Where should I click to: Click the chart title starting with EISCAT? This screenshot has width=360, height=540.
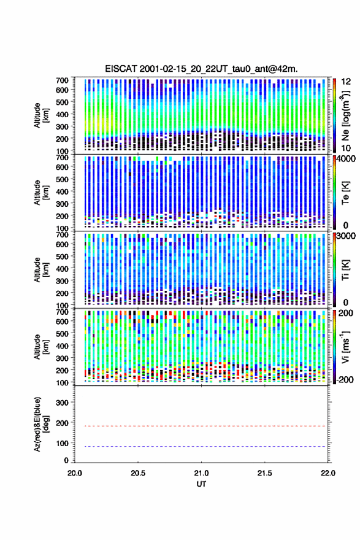pyautogui.click(x=201, y=69)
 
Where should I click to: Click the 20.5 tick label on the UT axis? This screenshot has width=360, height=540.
pyautogui.click(x=137, y=473)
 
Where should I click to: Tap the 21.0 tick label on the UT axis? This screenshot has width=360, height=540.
pyautogui.click(x=201, y=473)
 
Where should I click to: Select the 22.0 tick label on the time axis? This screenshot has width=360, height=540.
pyautogui.click(x=327, y=473)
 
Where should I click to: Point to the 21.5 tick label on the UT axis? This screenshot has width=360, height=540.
pyautogui.click(x=264, y=473)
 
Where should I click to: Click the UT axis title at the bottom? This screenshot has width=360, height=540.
pyautogui.click(x=201, y=484)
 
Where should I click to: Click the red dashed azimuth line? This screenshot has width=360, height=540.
pyautogui.click(x=200, y=426)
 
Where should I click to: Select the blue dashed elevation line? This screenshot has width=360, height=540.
pyautogui.click(x=200, y=447)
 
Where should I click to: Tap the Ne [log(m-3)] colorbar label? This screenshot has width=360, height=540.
pyautogui.click(x=345, y=115)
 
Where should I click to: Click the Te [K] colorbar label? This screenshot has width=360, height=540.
pyautogui.click(x=345, y=193)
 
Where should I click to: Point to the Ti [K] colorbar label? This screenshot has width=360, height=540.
pyautogui.click(x=345, y=270)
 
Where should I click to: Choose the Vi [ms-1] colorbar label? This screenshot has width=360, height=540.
pyautogui.click(x=345, y=347)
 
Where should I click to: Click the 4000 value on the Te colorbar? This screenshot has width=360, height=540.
pyautogui.click(x=347, y=159)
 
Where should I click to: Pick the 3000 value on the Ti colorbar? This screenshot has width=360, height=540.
pyautogui.click(x=347, y=236)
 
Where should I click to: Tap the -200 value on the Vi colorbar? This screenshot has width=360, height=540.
pyautogui.click(x=345, y=380)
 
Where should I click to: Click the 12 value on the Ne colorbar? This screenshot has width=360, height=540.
pyautogui.click(x=345, y=82)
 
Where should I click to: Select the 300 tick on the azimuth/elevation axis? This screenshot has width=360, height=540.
pyautogui.click(x=63, y=403)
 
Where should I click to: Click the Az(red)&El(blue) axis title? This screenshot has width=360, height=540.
pyautogui.click(x=41, y=425)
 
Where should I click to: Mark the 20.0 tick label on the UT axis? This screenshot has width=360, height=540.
pyautogui.click(x=74, y=473)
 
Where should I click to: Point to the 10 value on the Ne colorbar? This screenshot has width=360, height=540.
pyautogui.click(x=345, y=148)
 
